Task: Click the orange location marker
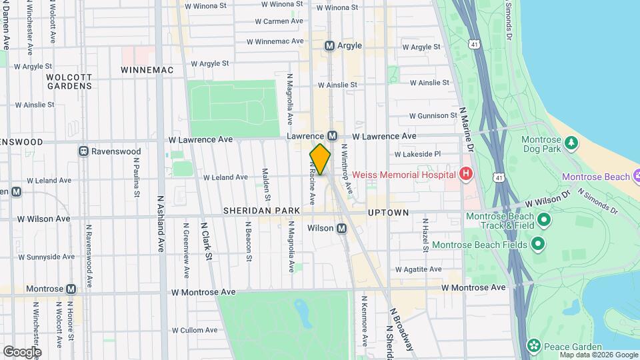(320, 159)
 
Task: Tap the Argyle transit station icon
(329, 46)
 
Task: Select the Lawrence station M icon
(331, 136)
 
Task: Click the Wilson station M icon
(341, 229)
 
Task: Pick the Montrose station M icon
(71, 289)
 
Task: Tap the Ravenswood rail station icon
(83, 151)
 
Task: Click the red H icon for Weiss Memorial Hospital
(466, 175)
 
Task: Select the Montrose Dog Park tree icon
(571, 142)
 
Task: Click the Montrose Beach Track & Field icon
(543, 219)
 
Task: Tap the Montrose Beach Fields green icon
(538, 245)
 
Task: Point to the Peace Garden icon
(533, 345)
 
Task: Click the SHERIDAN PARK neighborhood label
(261, 211)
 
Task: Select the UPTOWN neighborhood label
(388, 213)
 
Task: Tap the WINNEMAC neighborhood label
(147, 70)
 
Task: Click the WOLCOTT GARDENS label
(69, 81)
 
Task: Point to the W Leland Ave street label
(225, 177)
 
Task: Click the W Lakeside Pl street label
(418, 153)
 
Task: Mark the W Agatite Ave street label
(418, 269)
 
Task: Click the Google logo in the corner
(22, 351)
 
